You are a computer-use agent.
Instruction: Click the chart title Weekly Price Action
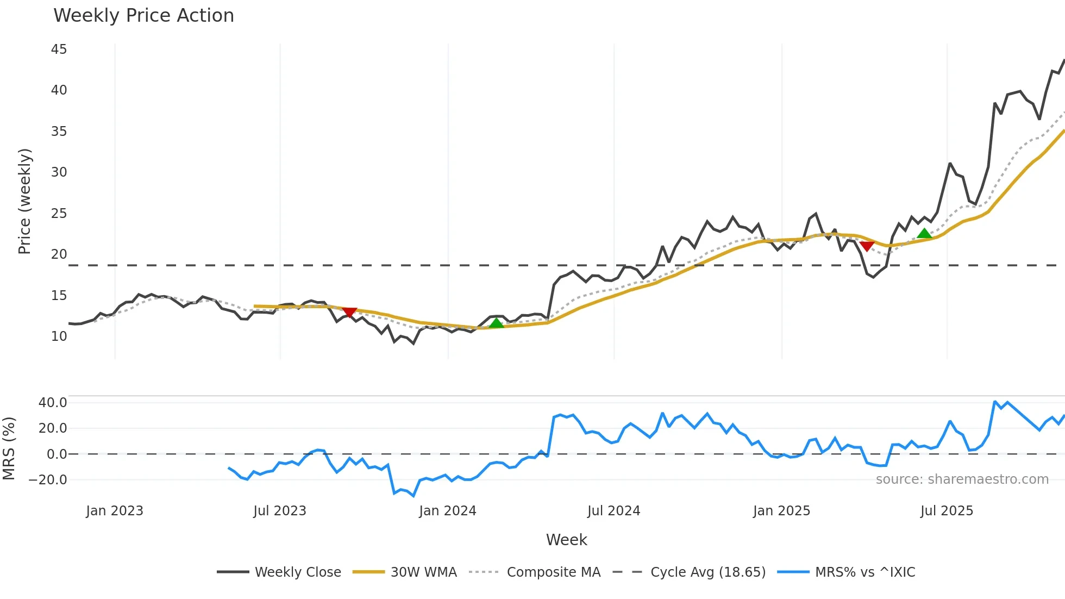(x=143, y=16)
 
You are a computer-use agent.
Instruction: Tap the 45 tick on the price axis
(x=59, y=49)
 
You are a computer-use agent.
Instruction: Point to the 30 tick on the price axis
(x=59, y=172)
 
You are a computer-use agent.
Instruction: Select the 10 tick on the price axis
(x=59, y=336)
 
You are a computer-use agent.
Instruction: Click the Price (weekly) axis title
(x=25, y=201)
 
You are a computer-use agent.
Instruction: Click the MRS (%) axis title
(x=9, y=448)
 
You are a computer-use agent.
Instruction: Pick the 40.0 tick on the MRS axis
(x=53, y=403)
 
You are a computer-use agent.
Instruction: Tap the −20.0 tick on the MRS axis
(x=48, y=480)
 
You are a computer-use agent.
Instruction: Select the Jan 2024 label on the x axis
(x=447, y=511)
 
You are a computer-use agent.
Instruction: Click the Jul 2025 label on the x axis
(x=947, y=511)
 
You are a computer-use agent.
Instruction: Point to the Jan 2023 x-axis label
(x=115, y=511)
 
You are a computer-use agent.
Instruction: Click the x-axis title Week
(x=566, y=540)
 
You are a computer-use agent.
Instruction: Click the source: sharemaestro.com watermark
(x=962, y=479)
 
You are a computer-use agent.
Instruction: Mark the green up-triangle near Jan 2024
(x=496, y=323)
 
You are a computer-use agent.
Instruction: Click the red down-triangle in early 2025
(x=867, y=246)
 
